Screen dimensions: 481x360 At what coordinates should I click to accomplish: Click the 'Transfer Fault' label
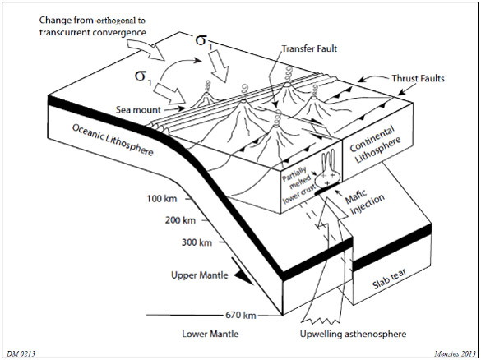pyautogui.click(x=309, y=48)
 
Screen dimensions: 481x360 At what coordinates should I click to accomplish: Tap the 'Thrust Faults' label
pyautogui.click(x=418, y=78)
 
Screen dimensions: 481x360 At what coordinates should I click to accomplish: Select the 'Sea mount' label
pyautogui.click(x=138, y=109)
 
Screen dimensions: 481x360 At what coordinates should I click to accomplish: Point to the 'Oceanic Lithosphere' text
pyautogui.click(x=113, y=140)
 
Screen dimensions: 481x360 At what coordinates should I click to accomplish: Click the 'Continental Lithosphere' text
pyautogui.click(x=375, y=145)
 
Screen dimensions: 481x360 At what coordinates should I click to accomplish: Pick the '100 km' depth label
pyautogui.click(x=162, y=199)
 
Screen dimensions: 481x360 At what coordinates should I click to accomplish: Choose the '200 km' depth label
pyautogui.click(x=180, y=220)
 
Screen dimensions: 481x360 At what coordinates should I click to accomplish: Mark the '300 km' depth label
pyautogui.click(x=197, y=242)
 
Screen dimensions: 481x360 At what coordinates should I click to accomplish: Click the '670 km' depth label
pyautogui.click(x=241, y=315)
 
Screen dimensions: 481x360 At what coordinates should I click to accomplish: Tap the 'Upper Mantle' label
pyautogui.click(x=200, y=275)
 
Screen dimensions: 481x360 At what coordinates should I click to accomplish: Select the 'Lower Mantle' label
pyautogui.click(x=210, y=334)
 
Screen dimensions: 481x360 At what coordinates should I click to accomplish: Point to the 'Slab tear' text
pyautogui.click(x=390, y=279)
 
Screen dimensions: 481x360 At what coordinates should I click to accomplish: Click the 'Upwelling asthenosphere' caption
pyautogui.click(x=353, y=334)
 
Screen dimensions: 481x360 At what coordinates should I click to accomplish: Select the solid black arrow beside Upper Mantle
pyautogui.click(x=244, y=271)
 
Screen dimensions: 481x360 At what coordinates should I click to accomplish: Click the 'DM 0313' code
pyautogui.click(x=21, y=354)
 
